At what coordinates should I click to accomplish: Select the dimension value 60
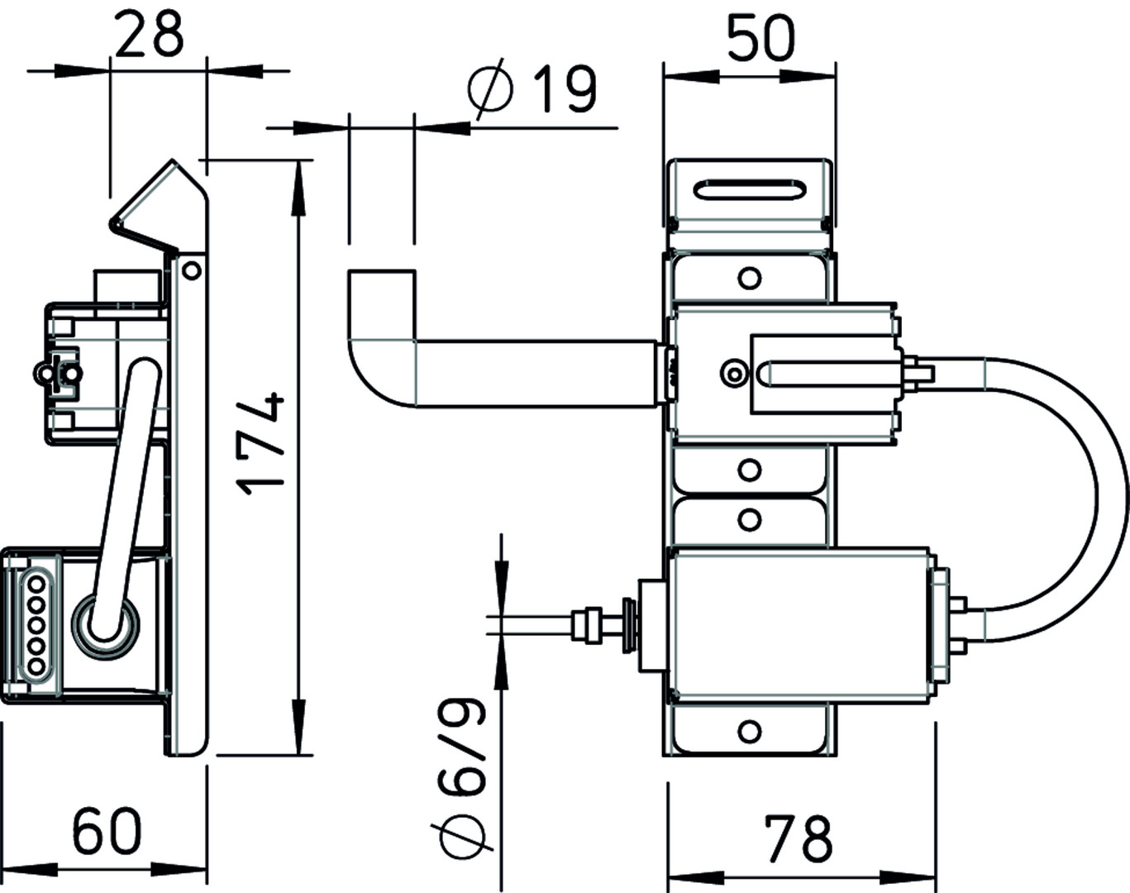(107, 831)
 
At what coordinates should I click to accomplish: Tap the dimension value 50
(760, 41)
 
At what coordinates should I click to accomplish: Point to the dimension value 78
(799, 839)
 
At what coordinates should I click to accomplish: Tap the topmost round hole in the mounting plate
(749, 278)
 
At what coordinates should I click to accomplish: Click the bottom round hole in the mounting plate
(749, 730)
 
